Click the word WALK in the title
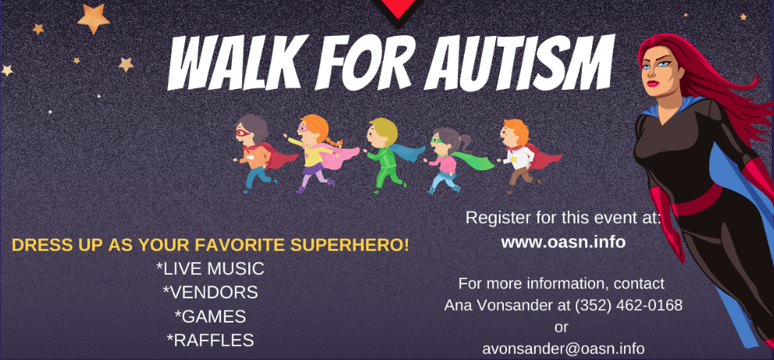click(x=232, y=63)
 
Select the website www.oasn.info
click(x=563, y=242)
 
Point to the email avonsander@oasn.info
click(x=563, y=348)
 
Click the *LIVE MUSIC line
click(x=210, y=269)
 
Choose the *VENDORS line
click(x=210, y=292)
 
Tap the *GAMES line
click(x=210, y=316)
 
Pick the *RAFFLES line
click(x=210, y=340)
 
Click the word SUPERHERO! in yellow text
click(x=350, y=245)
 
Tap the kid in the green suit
click(x=387, y=154)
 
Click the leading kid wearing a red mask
click(x=254, y=153)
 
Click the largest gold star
click(x=93, y=18)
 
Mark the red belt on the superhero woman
click(x=696, y=200)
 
